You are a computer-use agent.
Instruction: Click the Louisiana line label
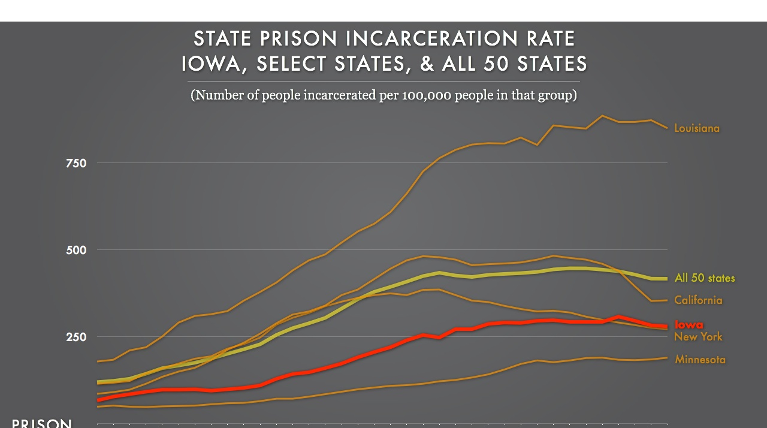point(696,128)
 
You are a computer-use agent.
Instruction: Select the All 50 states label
point(704,278)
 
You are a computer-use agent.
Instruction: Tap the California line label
point(698,300)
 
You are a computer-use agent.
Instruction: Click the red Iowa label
point(689,324)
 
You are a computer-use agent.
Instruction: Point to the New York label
point(698,337)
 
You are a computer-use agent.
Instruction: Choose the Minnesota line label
point(700,360)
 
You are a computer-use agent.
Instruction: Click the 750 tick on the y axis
point(76,164)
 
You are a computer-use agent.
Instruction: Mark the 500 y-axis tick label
point(76,250)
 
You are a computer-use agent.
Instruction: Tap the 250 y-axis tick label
point(76,337)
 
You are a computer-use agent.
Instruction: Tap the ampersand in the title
point(427,64)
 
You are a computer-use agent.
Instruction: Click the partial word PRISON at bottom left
point(42,423)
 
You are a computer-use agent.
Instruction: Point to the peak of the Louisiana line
point(603,116)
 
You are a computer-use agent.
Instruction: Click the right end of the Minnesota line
point(666,358)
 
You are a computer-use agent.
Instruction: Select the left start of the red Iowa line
point(98,400)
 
